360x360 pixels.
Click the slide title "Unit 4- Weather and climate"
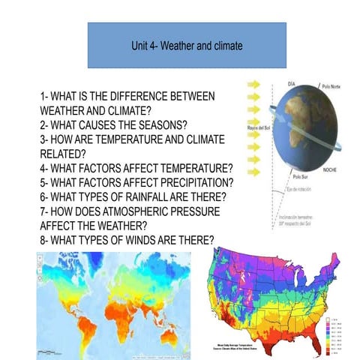186,46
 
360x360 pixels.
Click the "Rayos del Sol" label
257,128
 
